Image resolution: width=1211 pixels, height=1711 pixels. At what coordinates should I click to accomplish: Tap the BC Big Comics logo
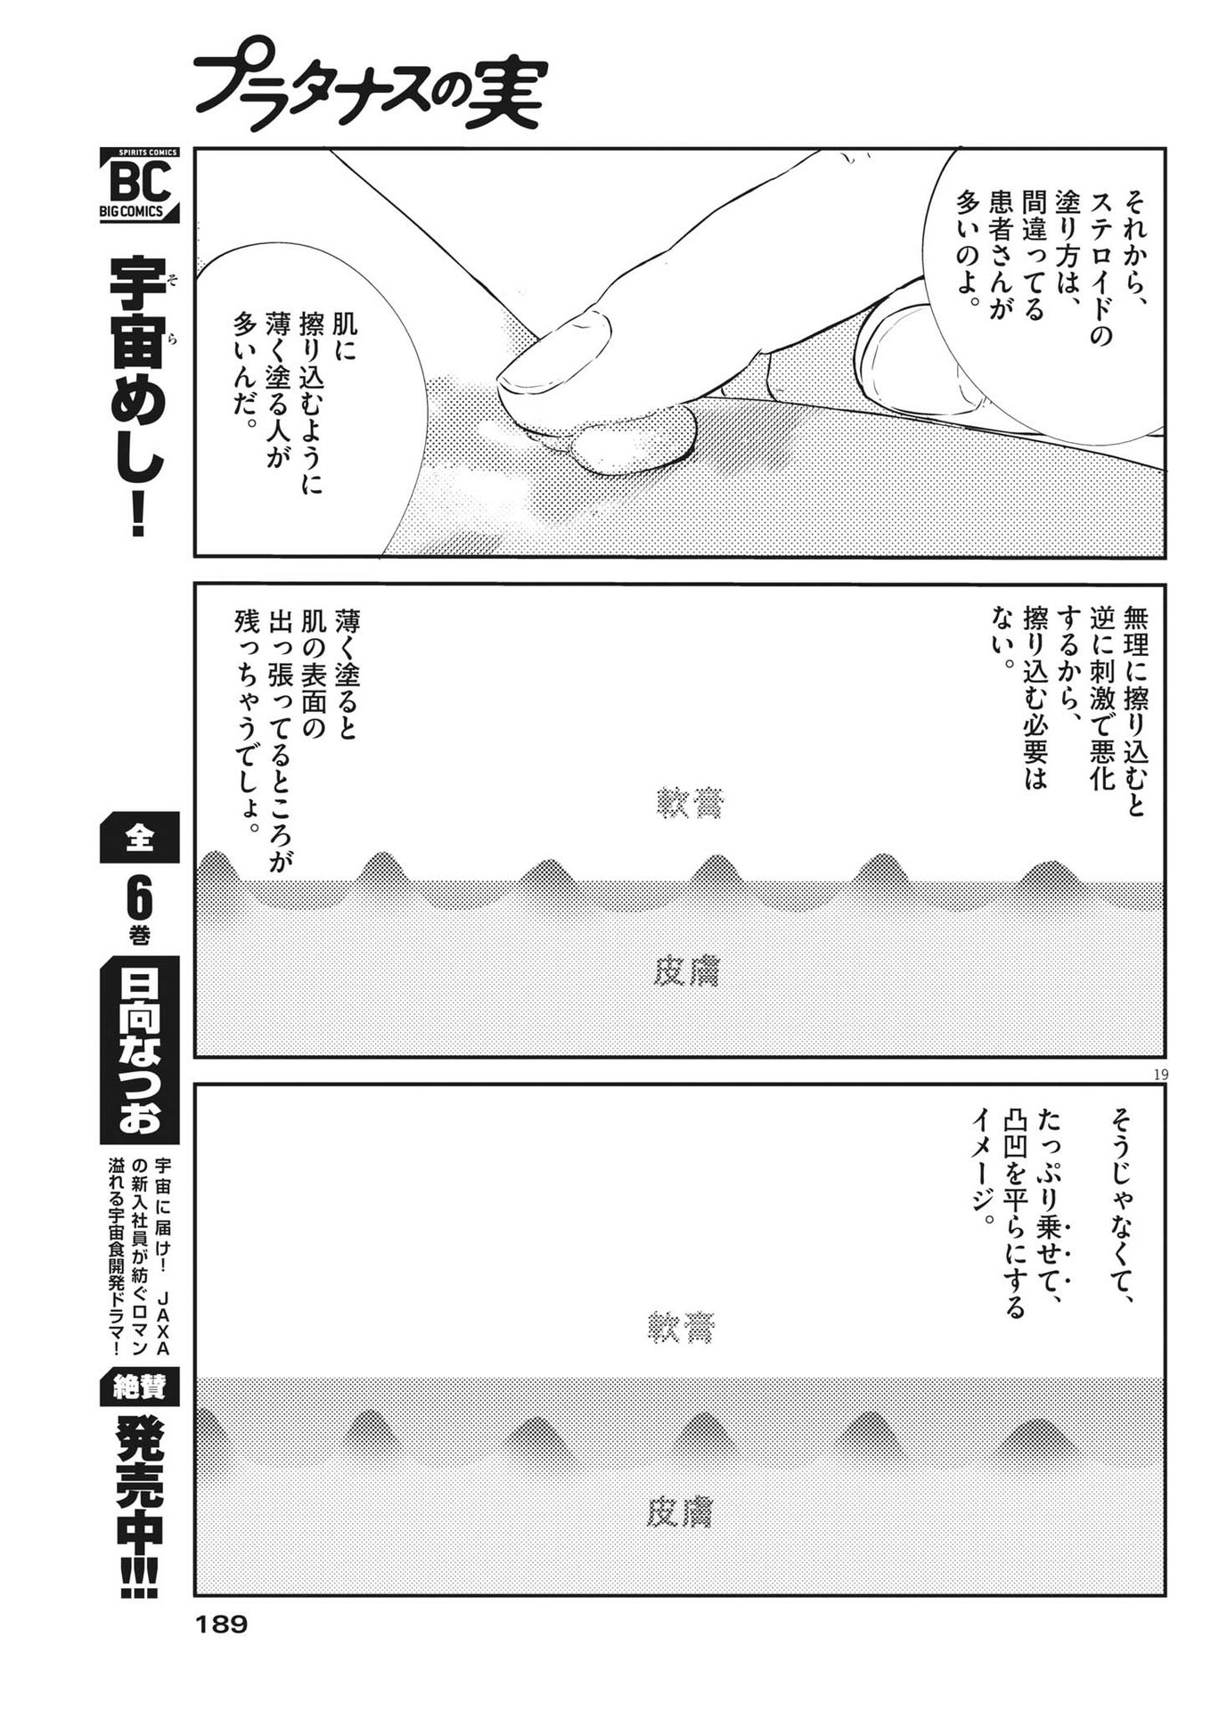(x=139, y=185)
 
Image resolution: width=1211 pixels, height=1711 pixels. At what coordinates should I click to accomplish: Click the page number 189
(x=219, y=1625)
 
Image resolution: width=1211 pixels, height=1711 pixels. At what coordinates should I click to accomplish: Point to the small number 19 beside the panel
(x=1159, y=1075)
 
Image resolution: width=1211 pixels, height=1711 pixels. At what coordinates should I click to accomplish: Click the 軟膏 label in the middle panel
(x=690, y=802)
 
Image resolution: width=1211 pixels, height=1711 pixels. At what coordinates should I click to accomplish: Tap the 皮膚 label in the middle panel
(x=686, y=972)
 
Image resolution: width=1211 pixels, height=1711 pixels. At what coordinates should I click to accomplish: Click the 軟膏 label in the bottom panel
(x=680, y=1328)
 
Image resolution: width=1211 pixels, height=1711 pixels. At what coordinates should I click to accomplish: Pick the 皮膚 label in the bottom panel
(x=680, y=1511)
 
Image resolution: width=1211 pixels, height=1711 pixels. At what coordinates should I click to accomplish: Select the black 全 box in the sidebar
(x=139, y=838)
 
